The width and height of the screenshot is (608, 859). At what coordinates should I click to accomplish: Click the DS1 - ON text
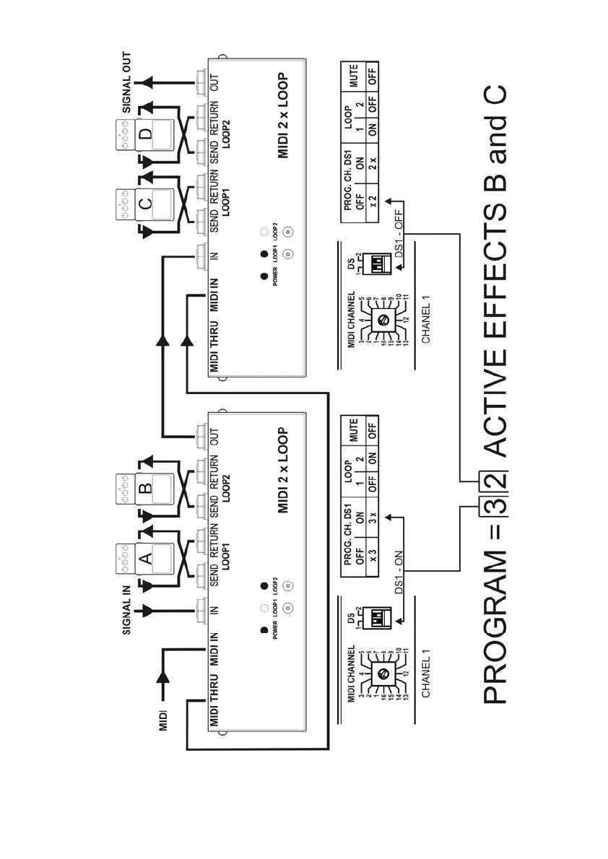pyautogui.click(x=396, y=570)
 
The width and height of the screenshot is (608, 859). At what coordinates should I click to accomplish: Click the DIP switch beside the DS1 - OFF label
pyautogui.click(x=378, y=264)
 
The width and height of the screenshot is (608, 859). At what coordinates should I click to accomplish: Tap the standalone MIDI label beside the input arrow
pyautogui.click(x=163, y=720)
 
